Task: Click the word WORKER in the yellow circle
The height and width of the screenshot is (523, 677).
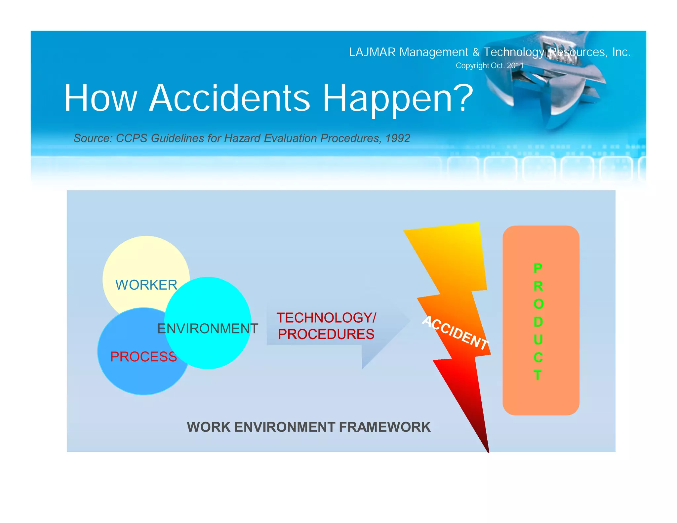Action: [x=146, y=285]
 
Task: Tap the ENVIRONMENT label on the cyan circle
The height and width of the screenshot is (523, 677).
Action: [x=208, y=329]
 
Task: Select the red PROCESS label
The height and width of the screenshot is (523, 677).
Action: [x=143, y=357]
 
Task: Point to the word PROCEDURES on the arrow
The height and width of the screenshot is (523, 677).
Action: [x=326, y=334]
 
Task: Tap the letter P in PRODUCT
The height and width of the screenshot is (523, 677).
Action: [x=538, y=268]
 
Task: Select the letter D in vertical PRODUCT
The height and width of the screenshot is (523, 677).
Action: [x=538, y=322]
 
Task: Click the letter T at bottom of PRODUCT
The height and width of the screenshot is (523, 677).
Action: [x=538, y=375]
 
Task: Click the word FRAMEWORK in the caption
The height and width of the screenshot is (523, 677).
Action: [x=385, y=427]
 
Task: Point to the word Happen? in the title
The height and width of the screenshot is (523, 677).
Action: [x=398, y=98]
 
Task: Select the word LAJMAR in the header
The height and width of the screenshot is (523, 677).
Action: [x=372, y=52]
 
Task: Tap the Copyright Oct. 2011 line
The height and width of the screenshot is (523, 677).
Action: [x=490, y=65]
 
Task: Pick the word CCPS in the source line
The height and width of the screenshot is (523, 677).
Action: [x=132, y=138]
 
